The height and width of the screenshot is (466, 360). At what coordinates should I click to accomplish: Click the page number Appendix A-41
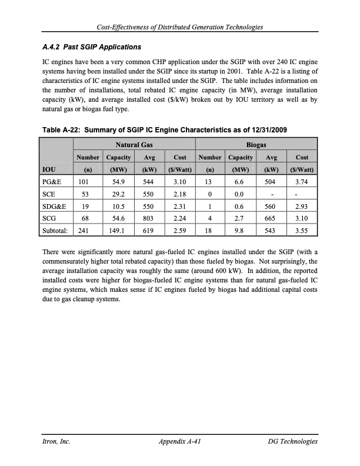click(x=180, y=442)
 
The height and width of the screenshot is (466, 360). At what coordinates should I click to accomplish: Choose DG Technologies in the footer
click(x=292, y=442)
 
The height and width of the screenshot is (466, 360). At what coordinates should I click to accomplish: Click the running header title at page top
click(x=180, y=28)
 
